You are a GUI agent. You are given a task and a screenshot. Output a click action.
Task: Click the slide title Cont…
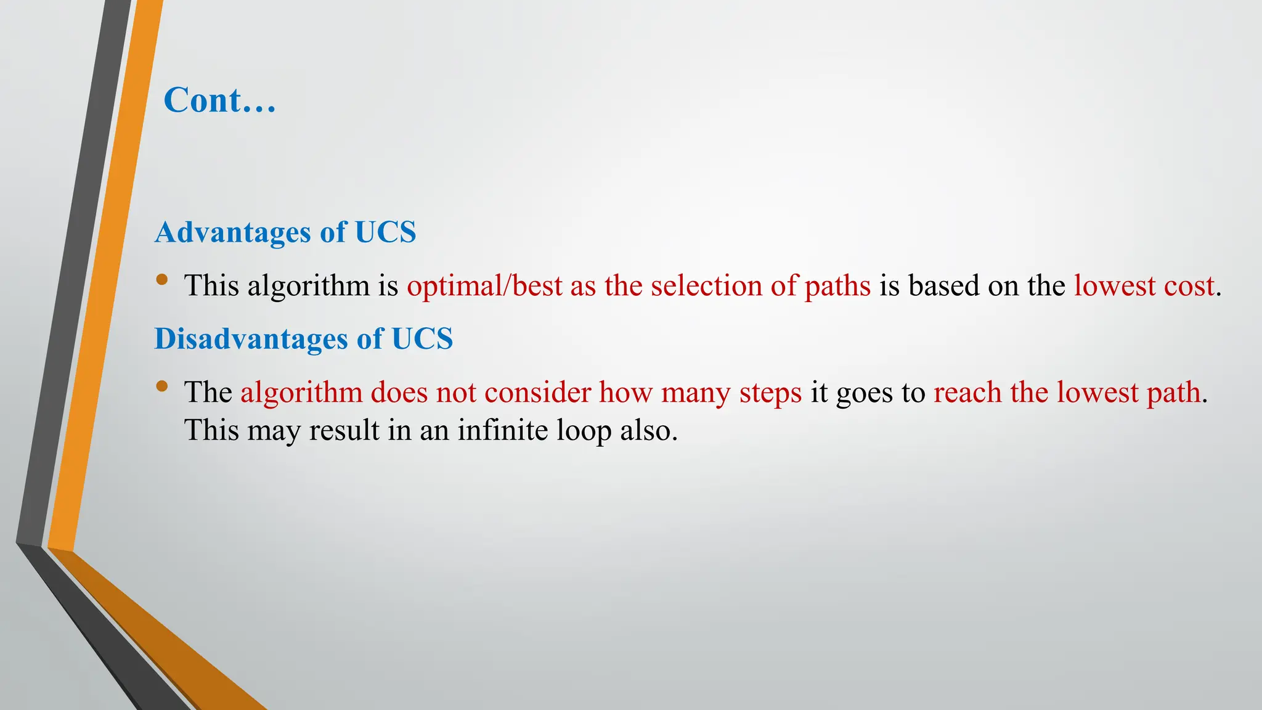click(x=220, y=100)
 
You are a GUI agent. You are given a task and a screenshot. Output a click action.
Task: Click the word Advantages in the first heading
click(x=233, y=233)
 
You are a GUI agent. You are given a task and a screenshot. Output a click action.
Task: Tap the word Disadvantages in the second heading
click(x=251, y=339)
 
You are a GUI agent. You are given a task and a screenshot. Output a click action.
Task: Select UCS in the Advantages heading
click(x=385, y=233)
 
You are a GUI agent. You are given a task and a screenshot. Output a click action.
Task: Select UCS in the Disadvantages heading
click(x=422, y=339)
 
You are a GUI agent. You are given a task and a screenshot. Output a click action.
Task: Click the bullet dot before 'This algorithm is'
click(x=162, y=280)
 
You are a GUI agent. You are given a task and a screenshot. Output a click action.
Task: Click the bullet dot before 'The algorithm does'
click(x=162, y=386)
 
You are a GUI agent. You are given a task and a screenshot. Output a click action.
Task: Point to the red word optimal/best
click(x=484, y=286)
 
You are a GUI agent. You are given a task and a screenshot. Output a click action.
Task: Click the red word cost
click(x=1189, y=286)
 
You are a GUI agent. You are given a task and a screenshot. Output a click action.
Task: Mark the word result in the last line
click(x=344, y=430)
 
